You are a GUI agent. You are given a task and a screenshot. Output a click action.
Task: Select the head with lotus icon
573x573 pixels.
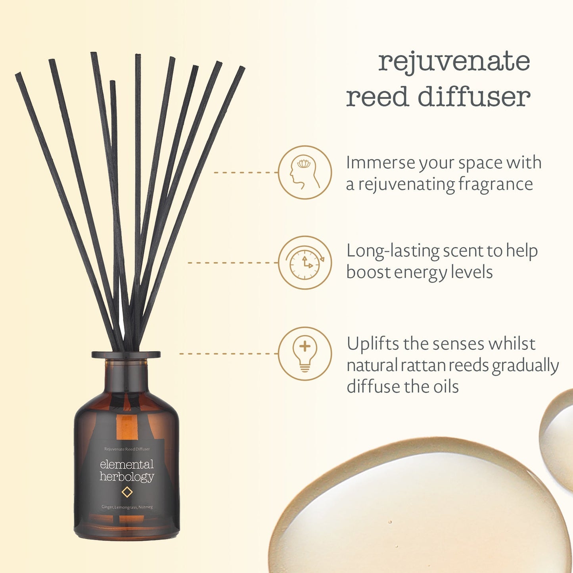point(305,173)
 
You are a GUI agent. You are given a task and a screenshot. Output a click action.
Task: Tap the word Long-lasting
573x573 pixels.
point(392,251)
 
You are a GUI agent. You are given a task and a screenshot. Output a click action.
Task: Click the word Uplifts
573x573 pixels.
point(373,344)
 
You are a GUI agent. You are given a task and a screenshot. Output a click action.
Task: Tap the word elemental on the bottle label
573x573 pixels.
point(126,464)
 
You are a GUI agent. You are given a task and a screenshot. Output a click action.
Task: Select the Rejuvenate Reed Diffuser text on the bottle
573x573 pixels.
point(127,449)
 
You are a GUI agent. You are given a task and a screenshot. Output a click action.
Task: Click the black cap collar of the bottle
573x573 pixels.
point(126,355)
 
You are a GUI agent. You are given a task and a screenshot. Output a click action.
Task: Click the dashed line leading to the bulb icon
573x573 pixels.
point(228,354)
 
